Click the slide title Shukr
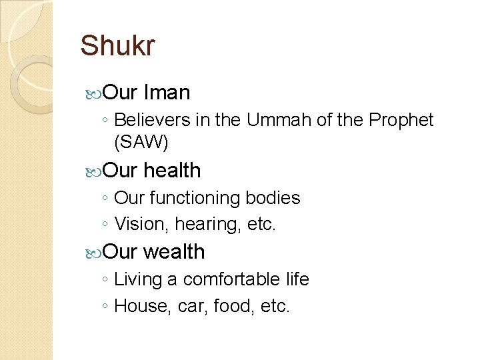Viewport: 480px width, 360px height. click(117, 46)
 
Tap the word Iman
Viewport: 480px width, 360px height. click(167, 92)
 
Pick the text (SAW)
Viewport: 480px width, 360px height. click(141, 141)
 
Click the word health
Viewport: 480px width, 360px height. click(172, 171)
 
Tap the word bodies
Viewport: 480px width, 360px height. click(273, 198)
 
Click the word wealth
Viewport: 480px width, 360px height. click(174, 251)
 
